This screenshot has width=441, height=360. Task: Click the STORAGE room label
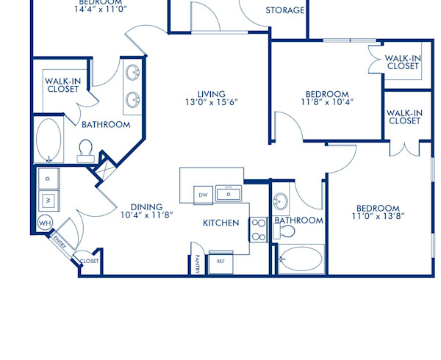[284, 10]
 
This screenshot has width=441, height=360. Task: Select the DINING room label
[146, 207]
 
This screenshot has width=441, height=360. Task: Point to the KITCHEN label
[221, 223]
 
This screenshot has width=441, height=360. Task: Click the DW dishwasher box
[203, 195]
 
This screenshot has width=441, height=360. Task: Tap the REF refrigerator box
[220, 261]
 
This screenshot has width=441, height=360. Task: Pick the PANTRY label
[197, 264]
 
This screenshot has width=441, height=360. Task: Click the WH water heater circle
[44, 223]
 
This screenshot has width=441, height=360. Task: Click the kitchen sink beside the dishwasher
[229, 194]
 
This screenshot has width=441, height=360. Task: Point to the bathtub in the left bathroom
[49, 140]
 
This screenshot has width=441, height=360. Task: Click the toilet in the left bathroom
[85, 151]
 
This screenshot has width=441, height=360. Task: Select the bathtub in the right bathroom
[301, 259]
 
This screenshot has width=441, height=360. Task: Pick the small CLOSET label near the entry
[89, 261]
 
